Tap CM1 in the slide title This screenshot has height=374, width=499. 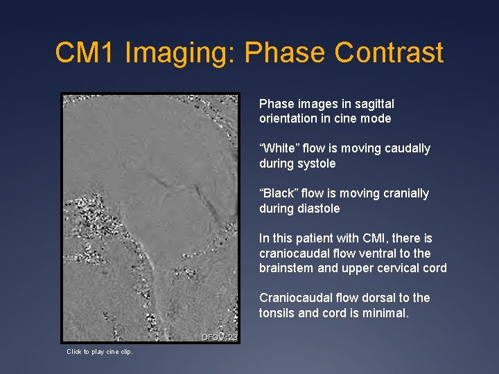click(86, 53)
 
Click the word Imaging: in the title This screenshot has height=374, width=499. click(182, 53)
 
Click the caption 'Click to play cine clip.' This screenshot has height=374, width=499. click(100, 352)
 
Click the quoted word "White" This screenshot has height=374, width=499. click(279, 148)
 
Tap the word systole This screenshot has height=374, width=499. click(317, 163)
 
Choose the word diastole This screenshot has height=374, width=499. click(319, 208)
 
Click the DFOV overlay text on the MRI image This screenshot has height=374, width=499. click(219, 337)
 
